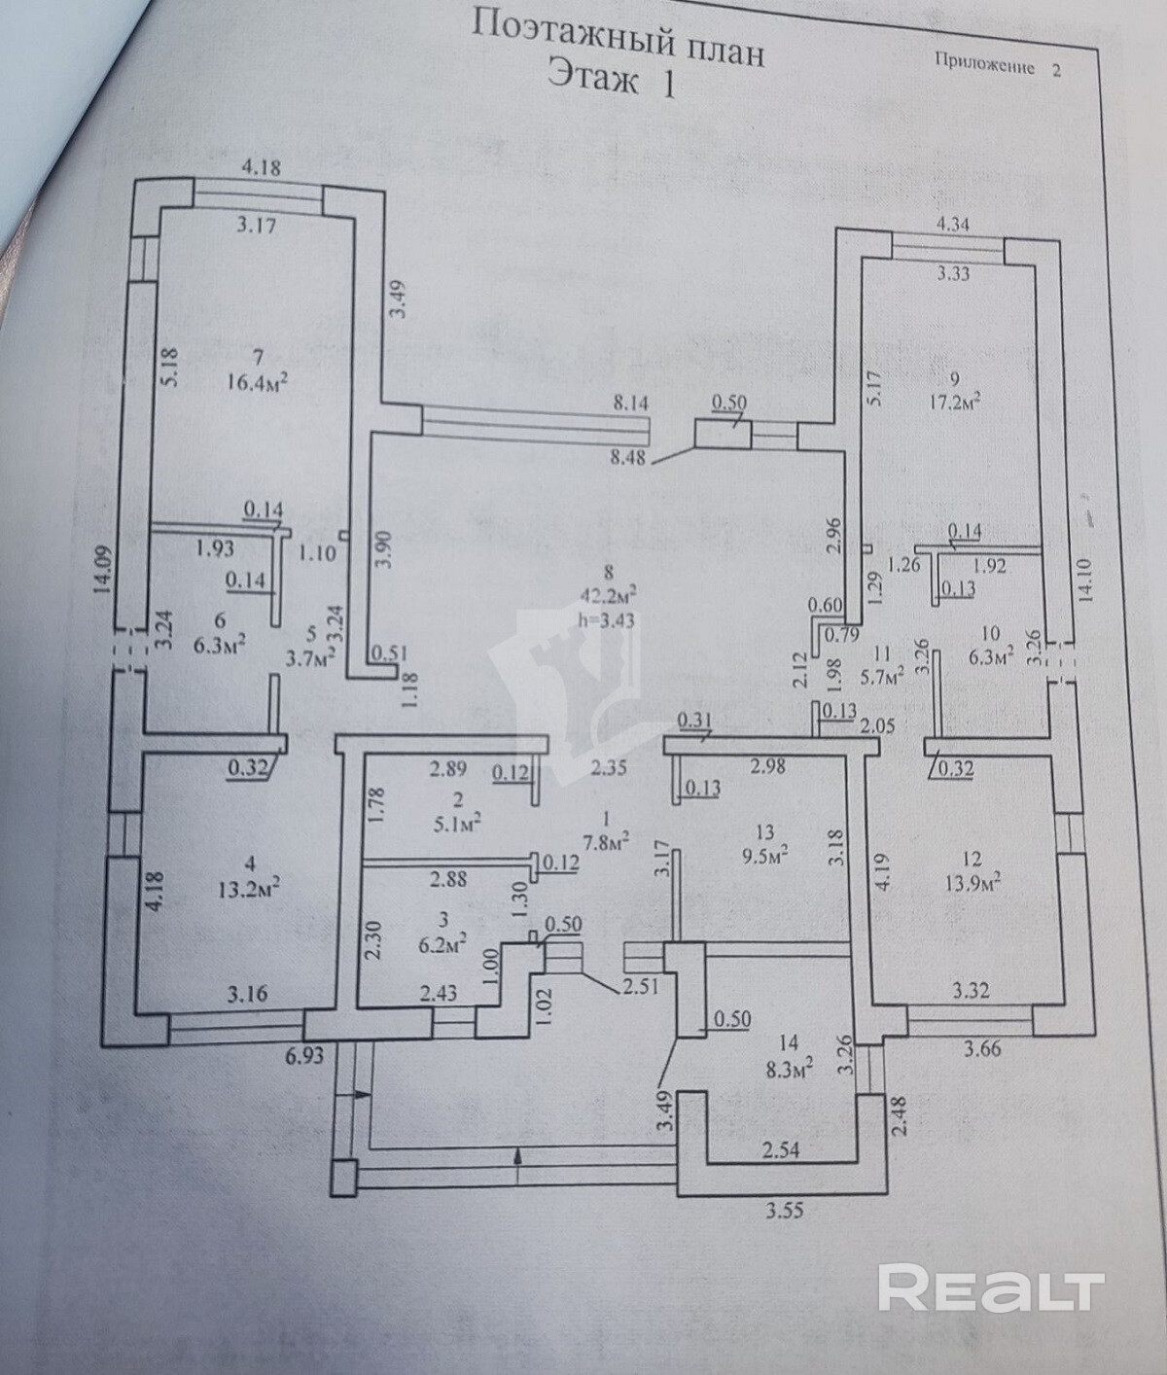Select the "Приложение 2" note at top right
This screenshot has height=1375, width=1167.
[x=998, y=66]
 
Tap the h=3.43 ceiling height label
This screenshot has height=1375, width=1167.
[x=606, y=619]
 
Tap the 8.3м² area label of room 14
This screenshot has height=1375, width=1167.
[x=787, y=1070]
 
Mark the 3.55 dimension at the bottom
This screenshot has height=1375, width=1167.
[x=786, y=1211]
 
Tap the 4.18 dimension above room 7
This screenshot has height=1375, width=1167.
[x=261, y=167]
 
